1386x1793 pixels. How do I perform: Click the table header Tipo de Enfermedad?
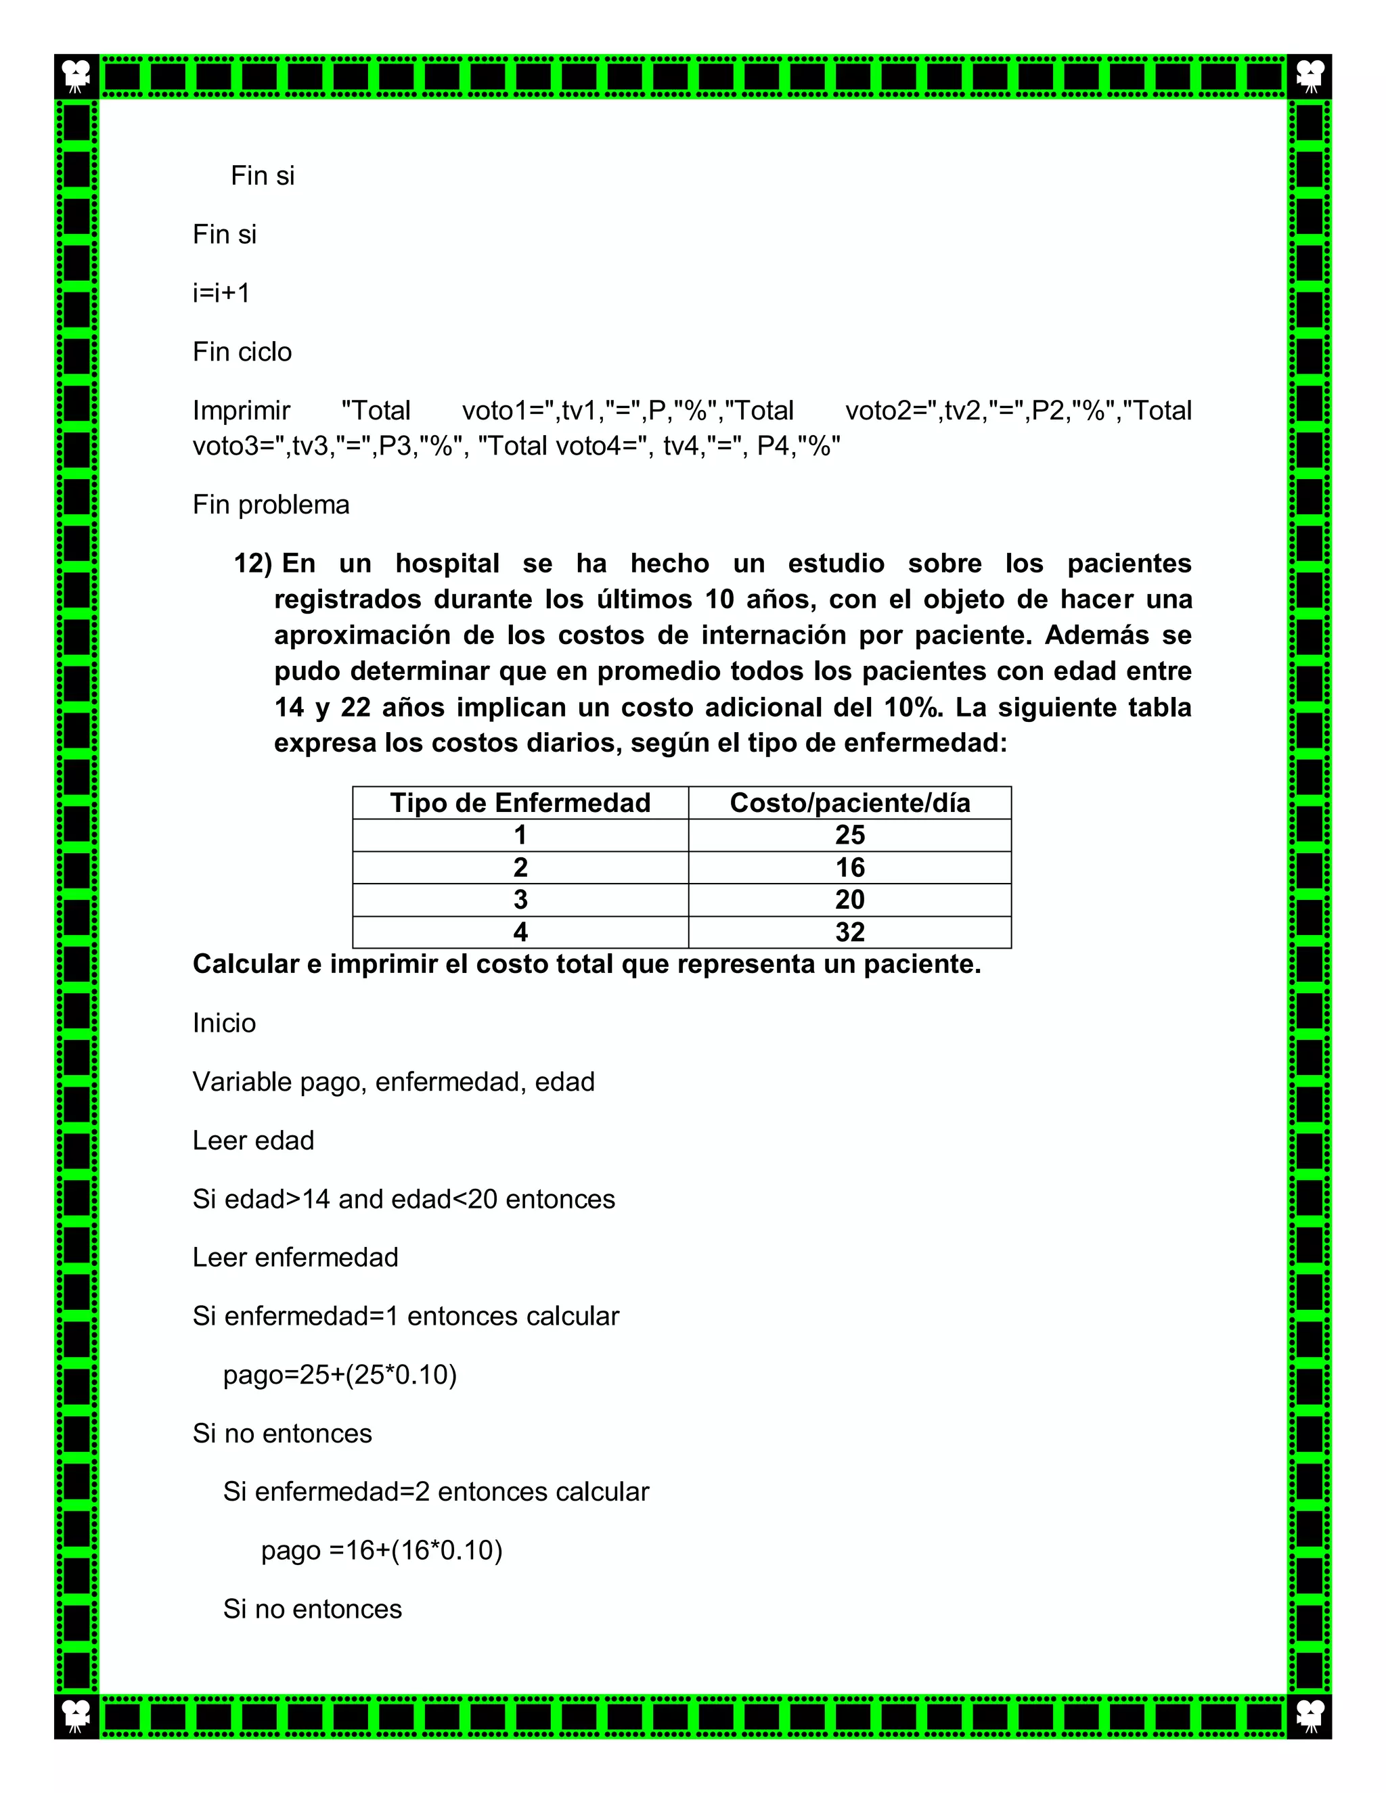pos(520,802)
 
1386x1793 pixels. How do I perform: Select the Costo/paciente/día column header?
pos(849,802)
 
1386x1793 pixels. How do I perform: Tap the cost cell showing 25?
pos(850,835)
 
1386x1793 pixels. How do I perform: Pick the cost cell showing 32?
pos(850,932)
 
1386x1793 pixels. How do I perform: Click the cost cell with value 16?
pos(850,867)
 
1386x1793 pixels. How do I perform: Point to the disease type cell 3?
pos(520,900)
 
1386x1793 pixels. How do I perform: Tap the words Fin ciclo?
pos(242,351)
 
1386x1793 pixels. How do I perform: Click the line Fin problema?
pos(271,504)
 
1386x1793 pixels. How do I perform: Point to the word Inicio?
pos(224,1023)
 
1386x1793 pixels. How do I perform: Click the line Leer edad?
pos(253,1140)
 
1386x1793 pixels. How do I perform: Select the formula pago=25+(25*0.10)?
pos(339,1374)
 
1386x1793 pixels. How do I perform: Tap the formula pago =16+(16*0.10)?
pos(381,1550)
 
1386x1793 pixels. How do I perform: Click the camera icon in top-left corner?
pos(76,76)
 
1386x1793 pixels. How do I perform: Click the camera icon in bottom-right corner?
pos(1309,1716)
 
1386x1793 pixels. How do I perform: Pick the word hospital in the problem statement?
pos(447,563)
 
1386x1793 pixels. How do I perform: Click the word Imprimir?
pos(242,411)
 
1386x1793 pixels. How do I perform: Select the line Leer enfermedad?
pos(295,1257)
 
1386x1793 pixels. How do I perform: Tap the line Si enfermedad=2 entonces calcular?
pos(435,1492)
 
